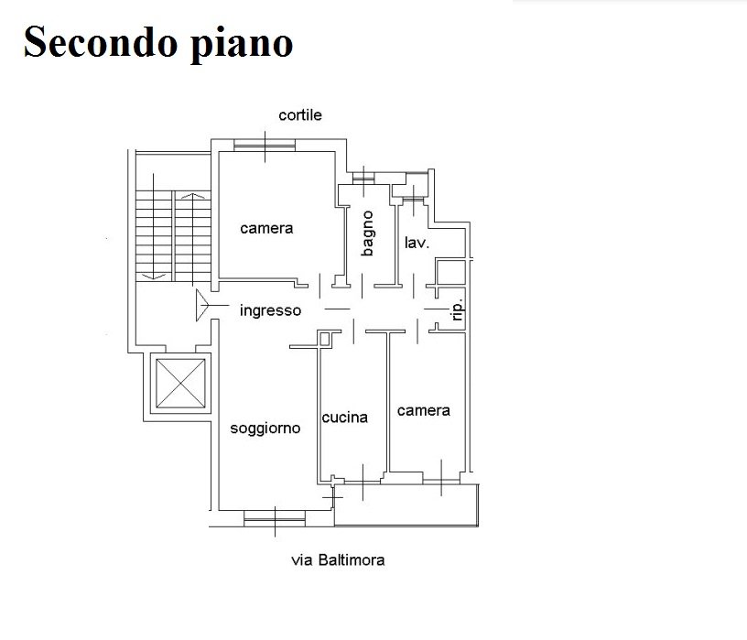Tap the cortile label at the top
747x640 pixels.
[300, 115]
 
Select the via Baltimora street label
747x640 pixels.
[338, 560]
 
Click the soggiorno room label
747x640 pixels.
[265, 428]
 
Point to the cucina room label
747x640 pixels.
[345, 418]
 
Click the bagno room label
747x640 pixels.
[367, 233]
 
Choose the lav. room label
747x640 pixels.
[417, 243]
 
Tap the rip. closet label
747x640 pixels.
[459, 311]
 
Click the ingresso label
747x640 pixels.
[270, 310]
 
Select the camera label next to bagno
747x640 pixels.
[266, 228]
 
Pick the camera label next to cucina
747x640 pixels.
[423, 411]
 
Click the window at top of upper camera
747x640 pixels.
[264, 145]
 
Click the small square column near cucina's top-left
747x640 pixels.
[324, 340]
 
